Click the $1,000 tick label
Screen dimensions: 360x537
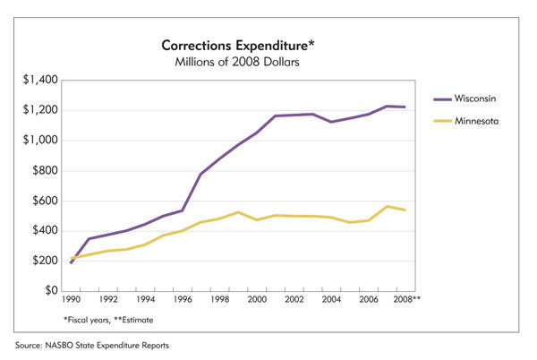pyautogui.click(x=40, y=141)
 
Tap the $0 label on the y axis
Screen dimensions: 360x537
pyautogui.click(x=51, y=291)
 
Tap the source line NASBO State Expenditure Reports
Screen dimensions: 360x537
pyautogui.click(x=98, y=345)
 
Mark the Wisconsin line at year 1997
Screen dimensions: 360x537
pyautogui.click(x=200, y=174)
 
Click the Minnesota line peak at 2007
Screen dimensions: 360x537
pyautogui.click(x=386, y=206)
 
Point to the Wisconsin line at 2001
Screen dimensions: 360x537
pyautogui.click(x=275, y=116)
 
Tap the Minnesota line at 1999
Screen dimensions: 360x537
pyautogui.click(x=238, y=212)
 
